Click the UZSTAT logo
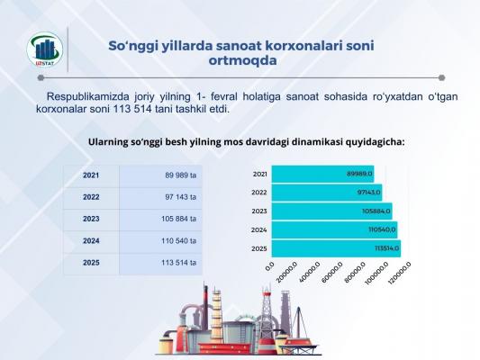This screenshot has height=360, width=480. (x=45, y=49)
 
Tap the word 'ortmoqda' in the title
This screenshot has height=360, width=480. (x=242, y=60)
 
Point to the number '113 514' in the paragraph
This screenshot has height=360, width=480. (x=132, y=109)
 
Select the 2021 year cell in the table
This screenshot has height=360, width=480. (x=91, y=175)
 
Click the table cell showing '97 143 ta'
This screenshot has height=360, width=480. (x=160, y=197)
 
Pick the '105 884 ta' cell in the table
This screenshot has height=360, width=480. (x=160, y=220)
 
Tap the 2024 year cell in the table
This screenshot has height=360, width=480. (x=91, y=241)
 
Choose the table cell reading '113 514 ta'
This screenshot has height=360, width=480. (x=160, y=263)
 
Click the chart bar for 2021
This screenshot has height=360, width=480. (x=322, y=174)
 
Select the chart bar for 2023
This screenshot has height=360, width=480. (x=331, y=211)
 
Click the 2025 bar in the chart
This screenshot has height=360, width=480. (x=336, y=248)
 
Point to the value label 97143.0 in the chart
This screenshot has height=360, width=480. (x=368, y=193)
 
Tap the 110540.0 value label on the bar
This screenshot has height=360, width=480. (x=382, y=229)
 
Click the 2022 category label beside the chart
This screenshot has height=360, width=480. (x=259, y=193)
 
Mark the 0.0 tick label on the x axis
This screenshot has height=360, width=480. (x=269, y=265)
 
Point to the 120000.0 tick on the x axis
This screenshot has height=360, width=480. (x=399, y=273)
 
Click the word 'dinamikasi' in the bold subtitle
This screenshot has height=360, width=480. (x=316, y=142)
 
